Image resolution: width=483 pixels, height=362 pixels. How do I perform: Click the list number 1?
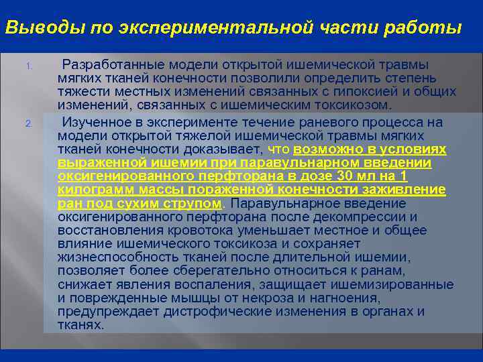(x=29, y=66)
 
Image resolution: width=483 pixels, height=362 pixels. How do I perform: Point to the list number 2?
(x=29, y=123)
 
